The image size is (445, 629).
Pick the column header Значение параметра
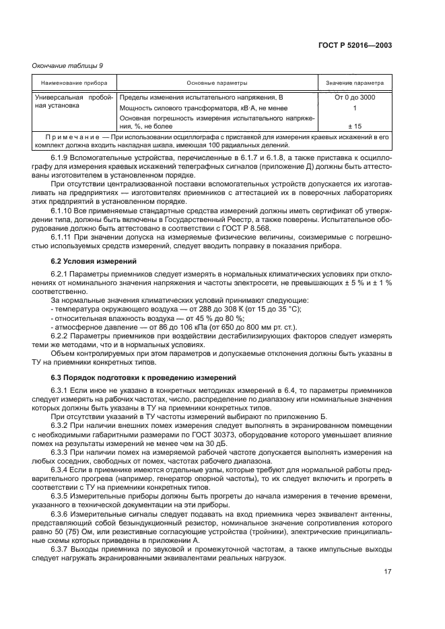coord(355,83)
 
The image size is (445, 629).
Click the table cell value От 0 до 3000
coord(355,98)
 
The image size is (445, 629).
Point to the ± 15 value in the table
coord(355,126)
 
